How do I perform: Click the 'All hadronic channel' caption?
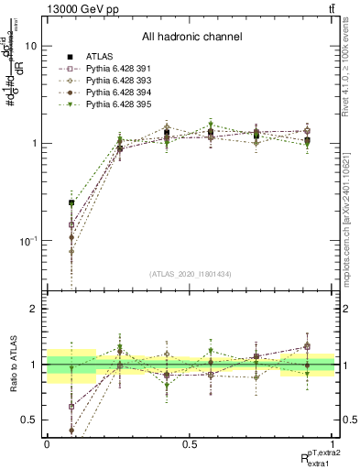tap(191, 37)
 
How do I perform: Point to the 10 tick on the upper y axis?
tap(31, 46)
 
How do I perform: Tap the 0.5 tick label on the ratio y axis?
tap(29, 420)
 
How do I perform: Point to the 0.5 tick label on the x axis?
tap(191, 442)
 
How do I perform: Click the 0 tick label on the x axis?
tap(47, 442)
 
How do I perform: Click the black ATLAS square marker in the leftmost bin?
tap(71, 203)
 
